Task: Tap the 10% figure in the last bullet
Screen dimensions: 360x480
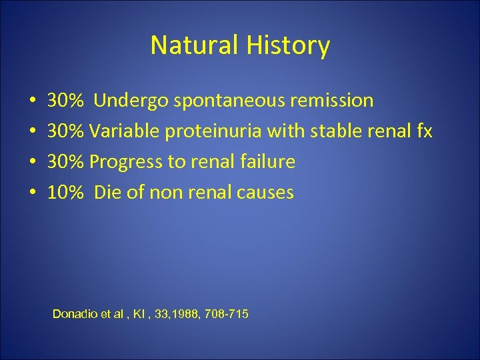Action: pos(66,193)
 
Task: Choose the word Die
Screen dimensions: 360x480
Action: pos(107,193)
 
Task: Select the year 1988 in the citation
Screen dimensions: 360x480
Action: pos(182,313)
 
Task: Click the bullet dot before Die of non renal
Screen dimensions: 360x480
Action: pos(32,193)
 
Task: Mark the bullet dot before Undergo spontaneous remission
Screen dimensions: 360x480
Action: pos(32,101)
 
